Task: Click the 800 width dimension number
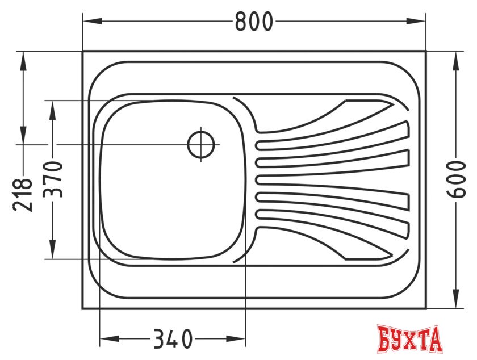(x=254, y=21)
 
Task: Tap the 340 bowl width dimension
(x=173, y=338)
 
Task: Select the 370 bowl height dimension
(x=53, y=179)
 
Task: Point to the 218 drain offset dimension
(x=23, y=195)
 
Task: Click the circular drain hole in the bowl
(x=201, y=144)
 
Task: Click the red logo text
(x=409, y=340)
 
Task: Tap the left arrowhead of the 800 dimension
(x=93, y=21)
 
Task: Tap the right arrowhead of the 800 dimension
(x=416, y=21)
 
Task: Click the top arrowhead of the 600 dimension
(x=455, y=61)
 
